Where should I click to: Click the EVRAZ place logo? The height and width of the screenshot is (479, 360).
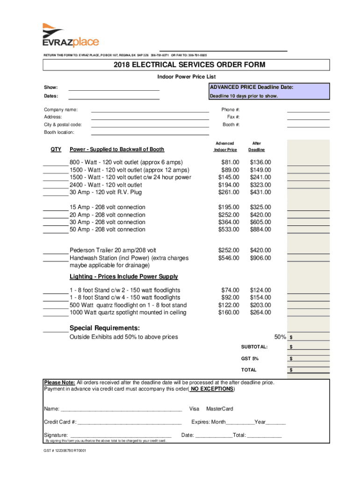[x=70, y=36]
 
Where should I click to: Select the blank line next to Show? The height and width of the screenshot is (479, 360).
[x=114, y=87]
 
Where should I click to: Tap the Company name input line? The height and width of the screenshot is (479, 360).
[x=150, y=110]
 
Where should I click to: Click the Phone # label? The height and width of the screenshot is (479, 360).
[x=230, y=110]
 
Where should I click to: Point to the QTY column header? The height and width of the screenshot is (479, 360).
[x=56, y=149]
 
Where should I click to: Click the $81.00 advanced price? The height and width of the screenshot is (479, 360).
[x=230, y=162]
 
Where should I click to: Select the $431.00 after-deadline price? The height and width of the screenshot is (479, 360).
[x=260, y=192]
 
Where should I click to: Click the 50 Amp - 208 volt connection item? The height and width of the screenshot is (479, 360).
[x=107, y=230]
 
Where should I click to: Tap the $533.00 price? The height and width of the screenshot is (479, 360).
[x=229, y=230]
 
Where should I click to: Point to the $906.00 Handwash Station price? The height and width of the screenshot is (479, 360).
[x=260, y=258]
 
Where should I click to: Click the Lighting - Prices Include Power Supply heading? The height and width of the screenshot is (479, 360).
[x=123, y=276]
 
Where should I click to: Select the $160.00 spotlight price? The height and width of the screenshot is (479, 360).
[x=229, y=312]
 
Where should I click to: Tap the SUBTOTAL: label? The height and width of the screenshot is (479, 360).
[x=254, y=347]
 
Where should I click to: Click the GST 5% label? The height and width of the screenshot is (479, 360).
[x=250, y=359]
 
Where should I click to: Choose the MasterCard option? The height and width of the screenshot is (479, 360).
[x=219, y=409]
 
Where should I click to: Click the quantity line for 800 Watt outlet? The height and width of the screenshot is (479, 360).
[x=56, y=163]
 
